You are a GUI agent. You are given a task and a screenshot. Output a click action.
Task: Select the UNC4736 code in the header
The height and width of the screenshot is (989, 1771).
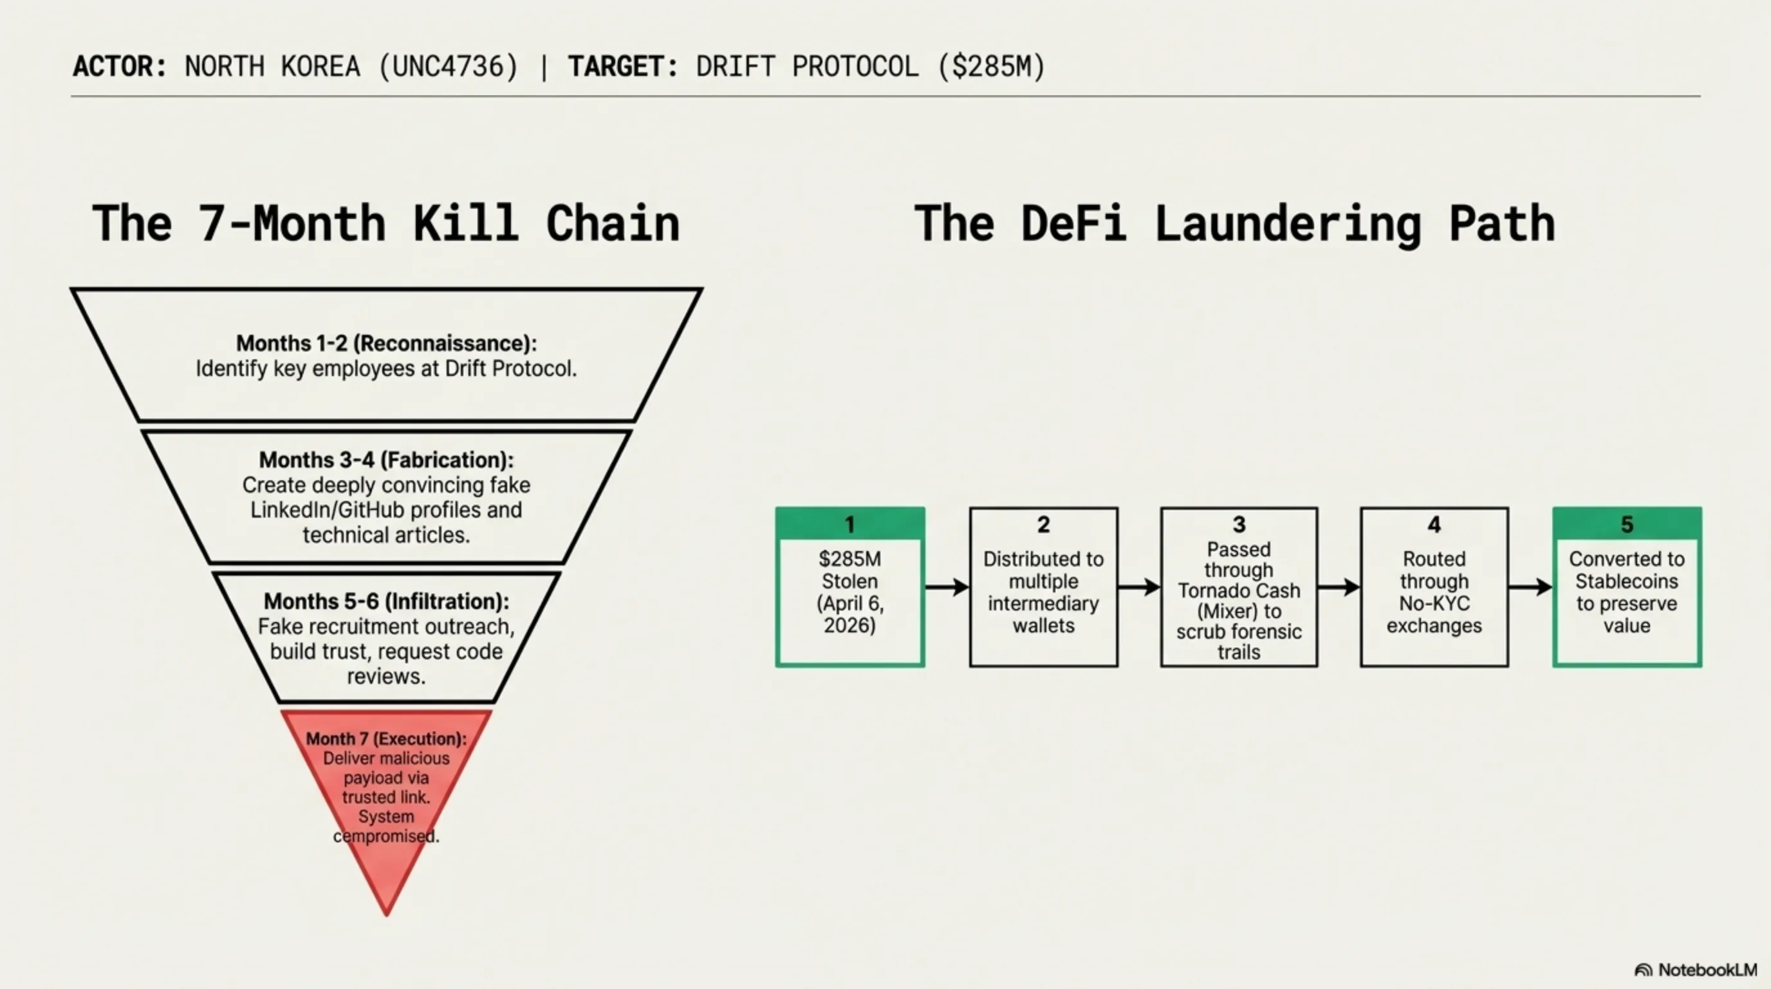pyautogui.click(x=449, y=67)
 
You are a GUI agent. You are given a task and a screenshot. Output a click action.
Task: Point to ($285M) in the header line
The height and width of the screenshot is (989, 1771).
pyautogui.click(x=992, y=67)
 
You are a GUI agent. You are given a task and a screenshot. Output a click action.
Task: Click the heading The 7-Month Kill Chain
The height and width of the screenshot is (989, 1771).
pyautogui.click(x=385, y=223)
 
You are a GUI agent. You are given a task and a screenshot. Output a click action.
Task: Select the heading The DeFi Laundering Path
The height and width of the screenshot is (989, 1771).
pyautogui.click(x=1234, y=223)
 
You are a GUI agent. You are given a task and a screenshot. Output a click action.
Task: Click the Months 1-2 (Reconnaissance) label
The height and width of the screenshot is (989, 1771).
pyautogui.click(x=386, y=343)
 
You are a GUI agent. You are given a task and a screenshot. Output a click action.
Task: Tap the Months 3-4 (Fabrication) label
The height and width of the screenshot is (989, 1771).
pyautogui.click(x=386, y=460)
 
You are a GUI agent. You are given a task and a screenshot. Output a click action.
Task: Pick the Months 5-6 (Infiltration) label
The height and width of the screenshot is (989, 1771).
pyautogui.click(x=386, y=601)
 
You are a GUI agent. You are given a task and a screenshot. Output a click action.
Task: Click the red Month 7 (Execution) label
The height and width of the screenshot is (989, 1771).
pyautogui.click(x=386, y=739)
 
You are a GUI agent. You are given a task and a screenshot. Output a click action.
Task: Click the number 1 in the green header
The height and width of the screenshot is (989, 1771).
pyautogui.click(x=849, y=525)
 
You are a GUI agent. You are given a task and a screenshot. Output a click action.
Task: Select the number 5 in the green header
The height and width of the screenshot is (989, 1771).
pyautogui.click(x=1627, y=525)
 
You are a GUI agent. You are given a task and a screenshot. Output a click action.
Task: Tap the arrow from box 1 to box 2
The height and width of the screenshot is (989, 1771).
pyautogui.click(x=947, y=587)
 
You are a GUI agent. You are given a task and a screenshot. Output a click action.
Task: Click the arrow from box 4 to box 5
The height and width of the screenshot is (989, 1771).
pyautogui.click(x=1530, y=587)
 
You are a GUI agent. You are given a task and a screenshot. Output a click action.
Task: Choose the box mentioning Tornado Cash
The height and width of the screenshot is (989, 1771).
pyautogui.click(x=1239, y=587)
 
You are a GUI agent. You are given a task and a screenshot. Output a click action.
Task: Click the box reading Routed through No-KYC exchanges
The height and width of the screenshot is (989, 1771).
pyautogui.click(x=1434, y=587)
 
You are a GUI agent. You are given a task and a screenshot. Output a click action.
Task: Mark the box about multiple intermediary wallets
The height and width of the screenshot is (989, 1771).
pyautogui.click(x=1044, y=587)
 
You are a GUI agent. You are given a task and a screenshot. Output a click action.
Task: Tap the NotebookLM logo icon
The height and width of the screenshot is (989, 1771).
pyautogui.click(x=1643, y=970)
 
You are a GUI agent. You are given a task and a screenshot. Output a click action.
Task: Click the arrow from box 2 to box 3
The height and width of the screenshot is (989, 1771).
pyautogui.click(x=1139, y=587)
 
